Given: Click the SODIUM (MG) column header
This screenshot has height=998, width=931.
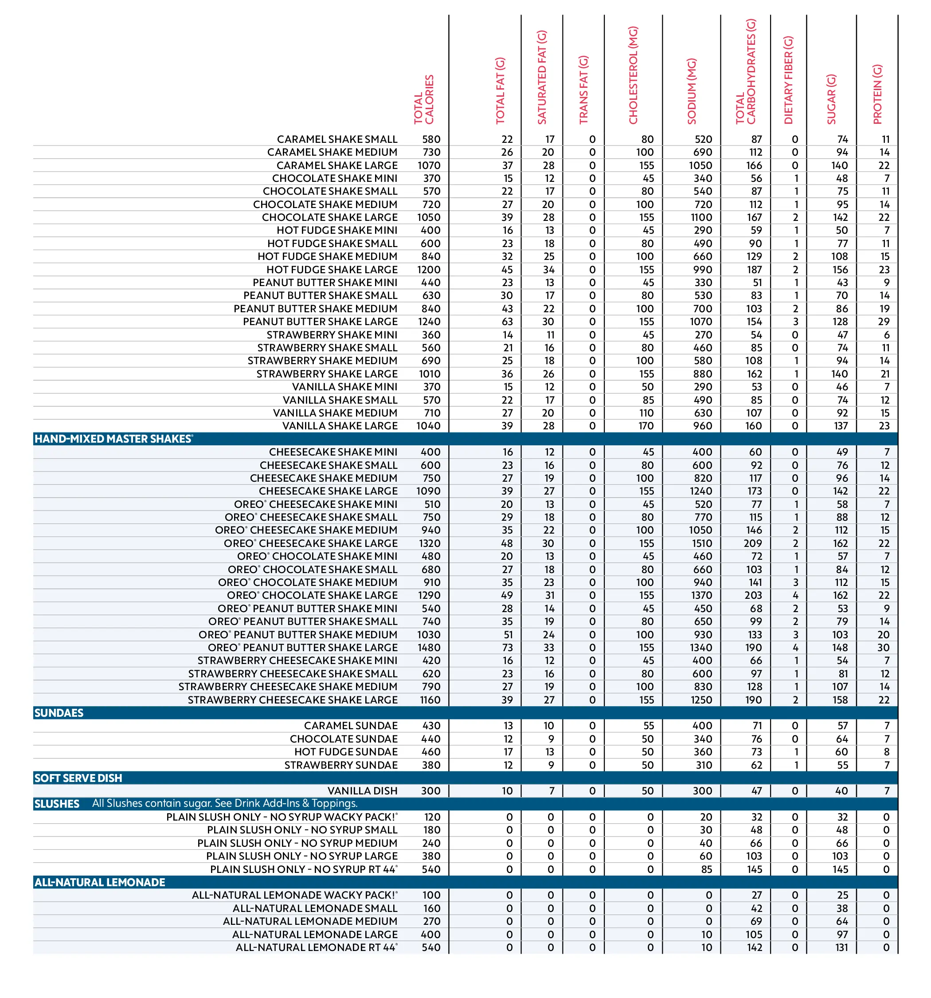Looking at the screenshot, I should [x=692, y=91].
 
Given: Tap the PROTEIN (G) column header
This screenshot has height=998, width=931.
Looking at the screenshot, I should [x=877, y=94].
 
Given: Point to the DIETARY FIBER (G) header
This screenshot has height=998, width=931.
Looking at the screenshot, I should [x=788, y=80].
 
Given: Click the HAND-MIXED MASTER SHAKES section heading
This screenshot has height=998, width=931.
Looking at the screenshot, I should [x=113, y=439].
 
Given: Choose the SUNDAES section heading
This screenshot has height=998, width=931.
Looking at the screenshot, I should [x=59, y=713].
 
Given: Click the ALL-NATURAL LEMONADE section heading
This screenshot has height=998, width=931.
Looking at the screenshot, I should [x=99, y=882].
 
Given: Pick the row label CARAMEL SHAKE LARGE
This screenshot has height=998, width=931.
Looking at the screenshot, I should [x=337, y=165].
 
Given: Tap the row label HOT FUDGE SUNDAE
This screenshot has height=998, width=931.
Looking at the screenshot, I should [x=346, y=751].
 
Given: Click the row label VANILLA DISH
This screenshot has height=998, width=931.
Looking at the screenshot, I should [x=362, y=791].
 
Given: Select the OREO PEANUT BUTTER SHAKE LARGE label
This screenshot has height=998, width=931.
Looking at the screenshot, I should [x=303, y=648].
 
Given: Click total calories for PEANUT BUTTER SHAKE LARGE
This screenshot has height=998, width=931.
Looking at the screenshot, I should [x=429, y=321].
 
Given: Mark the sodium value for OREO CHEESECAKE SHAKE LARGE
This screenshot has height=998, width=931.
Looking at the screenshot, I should [x=702, y=543].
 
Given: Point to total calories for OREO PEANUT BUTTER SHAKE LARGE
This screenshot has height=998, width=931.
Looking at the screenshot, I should [x=429, y=648].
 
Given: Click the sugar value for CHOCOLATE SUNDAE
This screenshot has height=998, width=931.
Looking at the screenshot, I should [x=841, y=739].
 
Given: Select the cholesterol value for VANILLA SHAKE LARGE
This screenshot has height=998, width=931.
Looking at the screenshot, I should [x=646, y=426].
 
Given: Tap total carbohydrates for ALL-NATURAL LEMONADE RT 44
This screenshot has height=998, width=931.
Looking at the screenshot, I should [x=755, y=947].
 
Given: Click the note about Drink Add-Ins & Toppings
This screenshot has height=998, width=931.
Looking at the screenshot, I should [x=225, y=803].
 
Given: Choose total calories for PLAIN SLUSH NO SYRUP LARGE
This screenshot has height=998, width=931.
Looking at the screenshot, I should [x=431, y=856].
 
